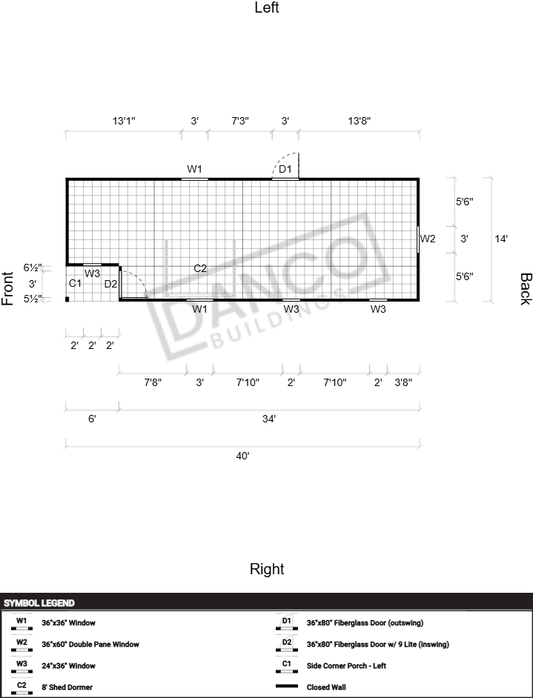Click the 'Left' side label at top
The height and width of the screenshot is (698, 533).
coord(267,7)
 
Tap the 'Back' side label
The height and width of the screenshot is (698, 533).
coord(526,289)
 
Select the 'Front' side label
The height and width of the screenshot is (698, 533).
coord(7,288)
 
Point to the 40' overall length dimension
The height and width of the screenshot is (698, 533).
coord(242,456)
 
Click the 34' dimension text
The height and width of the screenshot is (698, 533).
coord(269,419)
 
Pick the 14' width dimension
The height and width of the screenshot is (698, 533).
coord(501,239)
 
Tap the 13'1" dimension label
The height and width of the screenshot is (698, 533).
coord(124,121)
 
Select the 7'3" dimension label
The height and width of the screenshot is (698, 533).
coord(240,121)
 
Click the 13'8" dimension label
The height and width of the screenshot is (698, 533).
coord(360,121)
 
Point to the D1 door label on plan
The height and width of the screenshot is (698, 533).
coord(285,169)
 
